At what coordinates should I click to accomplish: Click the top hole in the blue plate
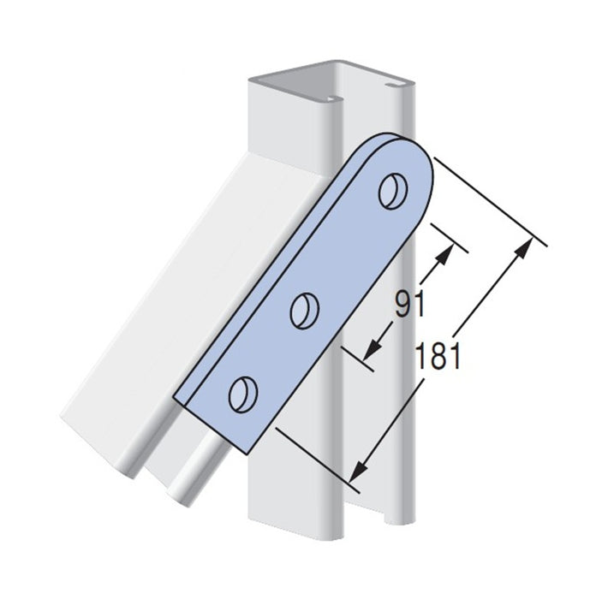(393, 192)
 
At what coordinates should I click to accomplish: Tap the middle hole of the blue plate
(305, 311)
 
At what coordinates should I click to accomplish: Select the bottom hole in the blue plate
(243, 394)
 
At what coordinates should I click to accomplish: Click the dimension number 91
(410, 304)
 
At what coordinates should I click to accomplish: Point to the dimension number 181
(438, 356)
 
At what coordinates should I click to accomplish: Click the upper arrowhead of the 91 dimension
(444, 253)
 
